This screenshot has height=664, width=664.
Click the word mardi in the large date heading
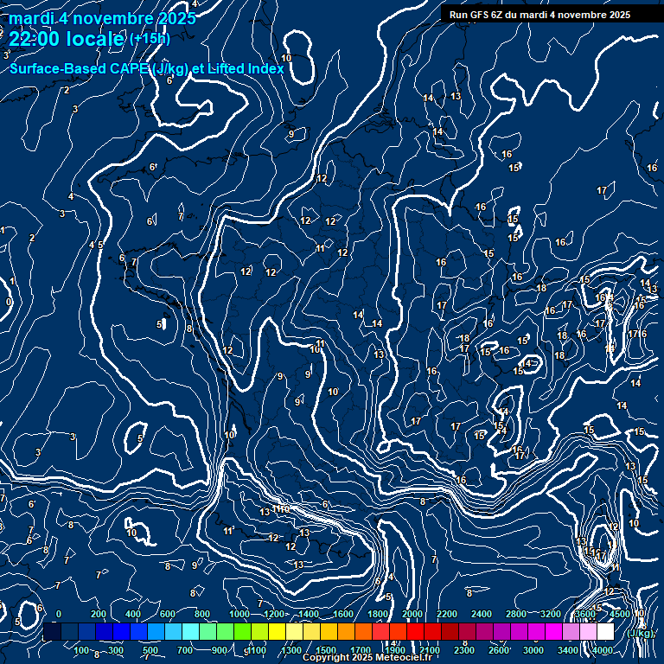pos(28,19)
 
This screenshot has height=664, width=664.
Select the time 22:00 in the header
pos(35,38)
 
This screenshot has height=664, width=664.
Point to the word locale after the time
pos(96,38)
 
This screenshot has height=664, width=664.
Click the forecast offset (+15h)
pos(150,39)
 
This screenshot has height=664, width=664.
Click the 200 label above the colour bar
pos(98,614)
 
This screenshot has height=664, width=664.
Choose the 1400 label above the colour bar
pos(307,614)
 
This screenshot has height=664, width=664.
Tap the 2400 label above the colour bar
pos(482,614)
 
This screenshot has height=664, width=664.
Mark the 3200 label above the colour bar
pos(551,614)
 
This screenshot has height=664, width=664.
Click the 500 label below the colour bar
pos(150,650)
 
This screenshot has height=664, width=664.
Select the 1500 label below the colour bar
pos(325,650)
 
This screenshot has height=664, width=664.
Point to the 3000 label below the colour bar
pos(533,650)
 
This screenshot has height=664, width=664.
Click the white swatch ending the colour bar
pos(605,632)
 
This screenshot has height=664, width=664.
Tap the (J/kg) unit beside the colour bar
pos(641,633)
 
